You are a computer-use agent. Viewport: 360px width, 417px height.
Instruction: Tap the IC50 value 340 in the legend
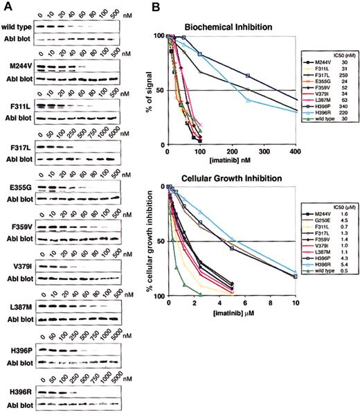[x=344, y=107]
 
